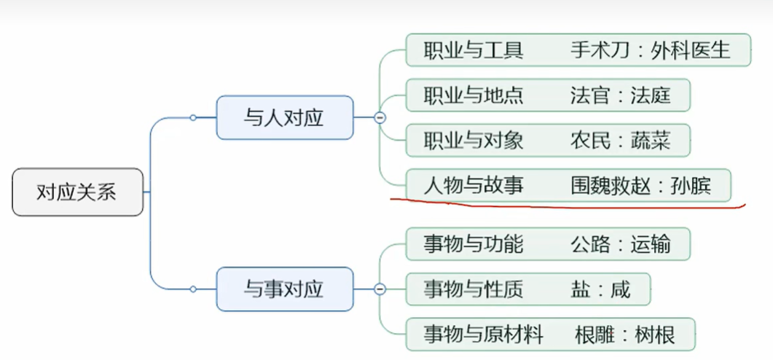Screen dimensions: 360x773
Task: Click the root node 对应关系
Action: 77,193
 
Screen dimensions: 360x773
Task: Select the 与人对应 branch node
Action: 284,117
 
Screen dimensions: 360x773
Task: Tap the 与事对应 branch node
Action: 284,289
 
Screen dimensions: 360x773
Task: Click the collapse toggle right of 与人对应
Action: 380,117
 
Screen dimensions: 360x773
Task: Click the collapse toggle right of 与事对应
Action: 380,289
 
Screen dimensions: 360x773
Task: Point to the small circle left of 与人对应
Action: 193,117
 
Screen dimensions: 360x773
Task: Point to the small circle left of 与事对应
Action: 193,289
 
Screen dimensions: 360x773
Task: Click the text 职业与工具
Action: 473,50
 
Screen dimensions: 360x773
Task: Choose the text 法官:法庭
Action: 620,95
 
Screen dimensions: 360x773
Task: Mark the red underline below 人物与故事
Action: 568,205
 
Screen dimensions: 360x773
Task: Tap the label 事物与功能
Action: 473,244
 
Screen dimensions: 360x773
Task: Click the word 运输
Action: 651,244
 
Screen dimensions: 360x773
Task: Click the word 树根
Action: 654,334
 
